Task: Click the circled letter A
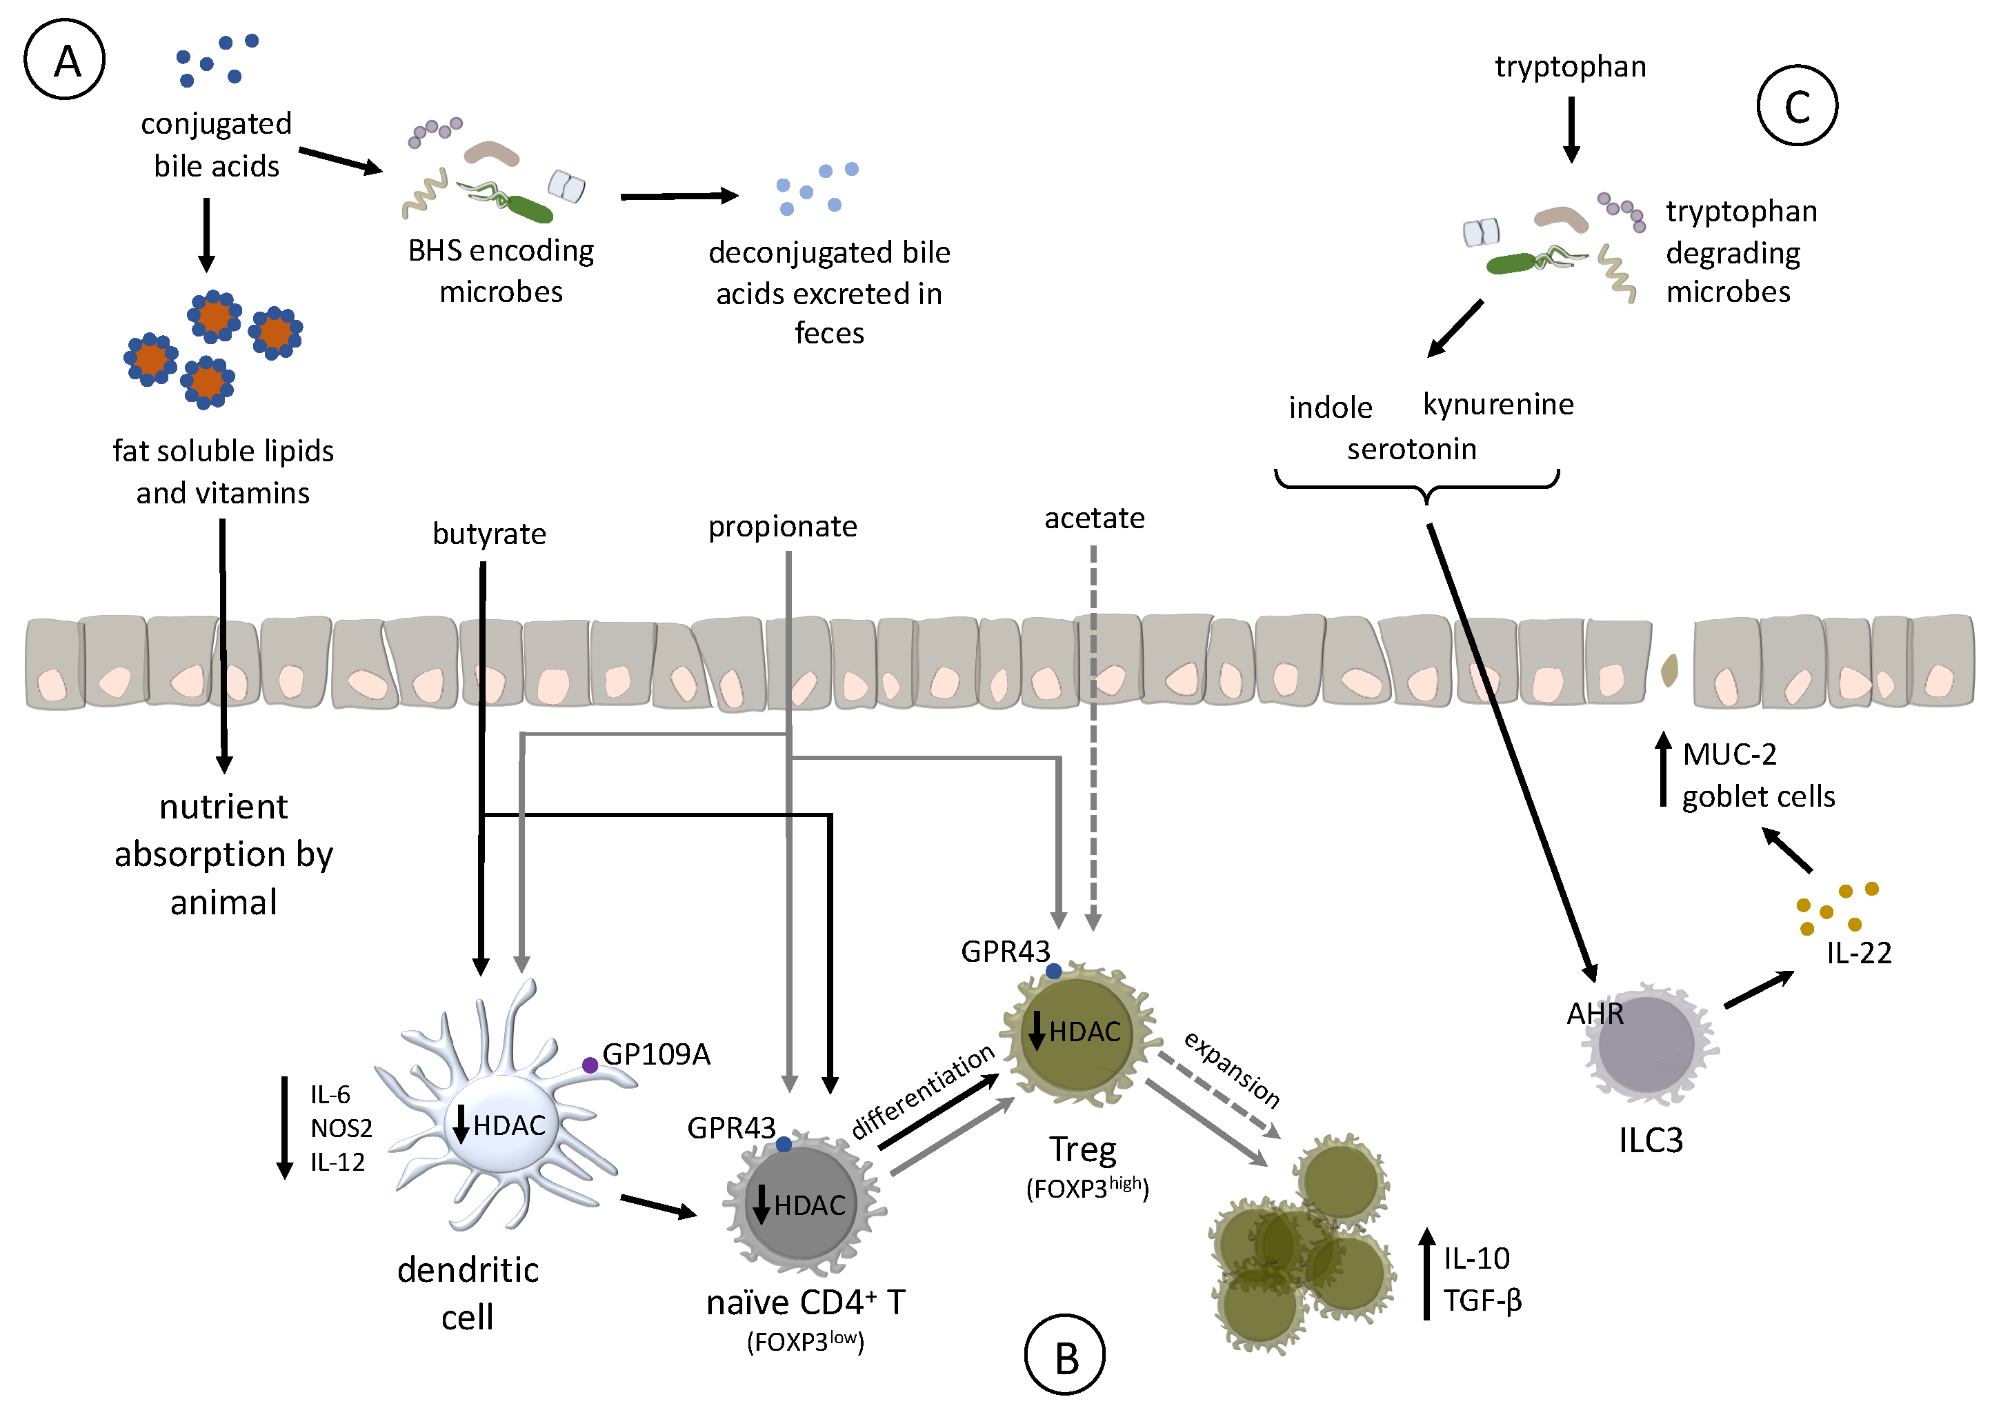point(64,61)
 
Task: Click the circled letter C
point(1797,106)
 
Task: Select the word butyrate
point(489,533)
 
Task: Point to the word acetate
point(1094,519)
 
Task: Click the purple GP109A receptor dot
point(590,1065)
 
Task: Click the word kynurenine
point(1498,404)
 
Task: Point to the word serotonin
point(1411,449)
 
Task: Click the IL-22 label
point(1859,953)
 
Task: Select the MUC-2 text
point(1729,754)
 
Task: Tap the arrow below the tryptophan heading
point(1571,129)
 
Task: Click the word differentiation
point(922,1091)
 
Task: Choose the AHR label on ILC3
point(1595,1014)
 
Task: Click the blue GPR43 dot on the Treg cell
point(1054,971)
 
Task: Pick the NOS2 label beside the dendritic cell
point(341,1128)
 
